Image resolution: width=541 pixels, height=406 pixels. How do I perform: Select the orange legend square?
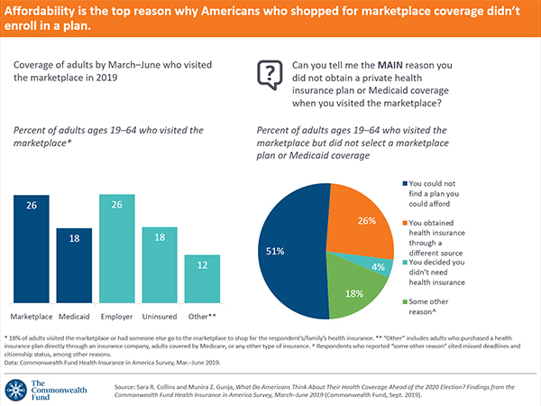[x=402, y=221]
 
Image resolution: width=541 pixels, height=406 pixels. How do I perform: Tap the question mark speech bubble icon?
[x=268, y=73]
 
